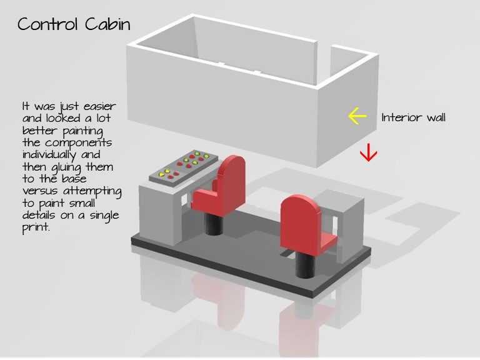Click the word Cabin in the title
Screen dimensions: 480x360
[x=107, y=24]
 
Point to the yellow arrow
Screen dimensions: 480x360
[x=357, y=116]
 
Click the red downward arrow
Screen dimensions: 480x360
[x=368, y=152]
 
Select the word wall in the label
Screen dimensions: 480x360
[x=436, y=117]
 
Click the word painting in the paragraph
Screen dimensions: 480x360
[x=82, y=131]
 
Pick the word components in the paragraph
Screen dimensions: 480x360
[x=79, y=143]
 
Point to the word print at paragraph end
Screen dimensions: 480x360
[x=35, y=227]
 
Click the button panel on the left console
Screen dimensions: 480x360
[x=183, y=167]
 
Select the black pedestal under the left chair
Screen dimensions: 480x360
[x=213, y=223]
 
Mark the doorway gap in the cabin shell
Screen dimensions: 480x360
[x=324, y=64]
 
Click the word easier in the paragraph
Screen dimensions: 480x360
[x=100, y=106]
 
